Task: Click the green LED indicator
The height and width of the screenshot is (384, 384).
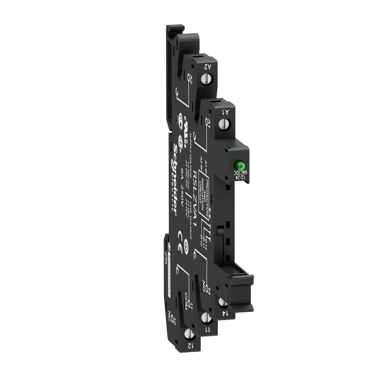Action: click(238, 164)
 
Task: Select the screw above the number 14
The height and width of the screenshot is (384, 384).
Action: click(222, 303)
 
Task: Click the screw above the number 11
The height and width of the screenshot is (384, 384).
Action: click(205, 318)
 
